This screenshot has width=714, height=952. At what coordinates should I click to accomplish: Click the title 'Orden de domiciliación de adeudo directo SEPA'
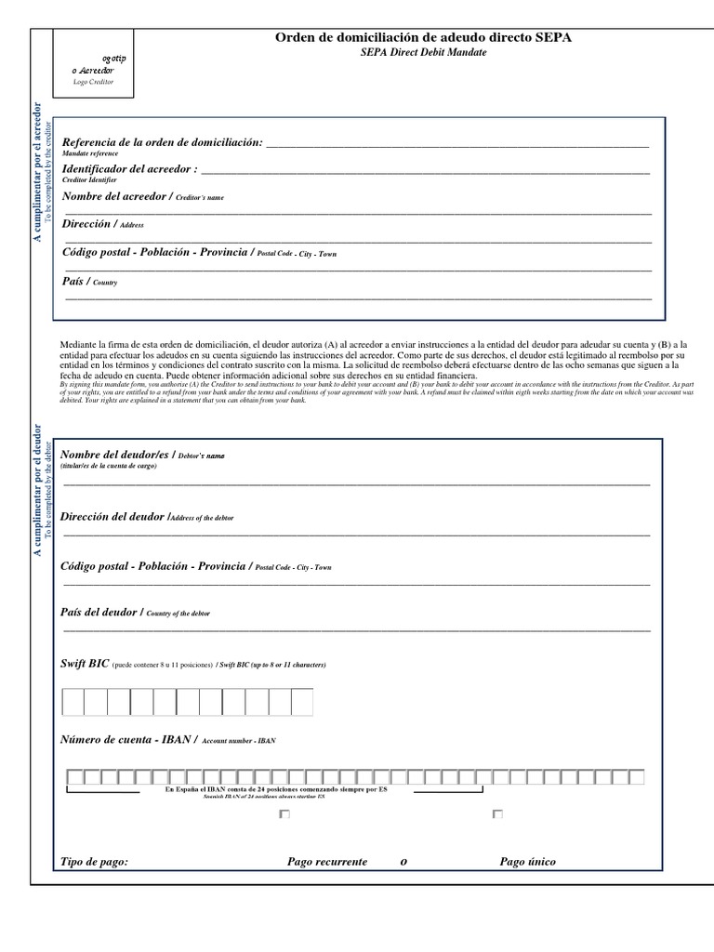click(x=424, y=37)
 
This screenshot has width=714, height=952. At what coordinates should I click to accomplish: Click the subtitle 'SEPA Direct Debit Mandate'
click(x=423, y=53)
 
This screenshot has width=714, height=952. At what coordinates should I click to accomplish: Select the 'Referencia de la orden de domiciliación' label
click(x=163, y=142)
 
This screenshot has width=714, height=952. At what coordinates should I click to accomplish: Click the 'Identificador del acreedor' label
click(x=129, y=169)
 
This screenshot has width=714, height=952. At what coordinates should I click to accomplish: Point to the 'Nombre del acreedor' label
click(x=117, y=196)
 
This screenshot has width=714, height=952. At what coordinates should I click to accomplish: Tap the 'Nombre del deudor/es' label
click(x=117, y=455)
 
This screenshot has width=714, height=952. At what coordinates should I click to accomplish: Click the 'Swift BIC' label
click(x=85, y=664)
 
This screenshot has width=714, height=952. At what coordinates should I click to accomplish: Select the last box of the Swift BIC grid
click(x=302, y=702)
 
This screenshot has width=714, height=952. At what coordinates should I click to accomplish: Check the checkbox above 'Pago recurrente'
click(x=285, y=814)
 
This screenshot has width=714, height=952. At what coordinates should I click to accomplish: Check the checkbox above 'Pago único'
click(x=497, y=814)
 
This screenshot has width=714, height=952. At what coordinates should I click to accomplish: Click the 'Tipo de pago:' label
click(x=94, y=862)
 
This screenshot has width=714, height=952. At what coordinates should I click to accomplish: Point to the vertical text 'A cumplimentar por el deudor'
click(x=38, y=492)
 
